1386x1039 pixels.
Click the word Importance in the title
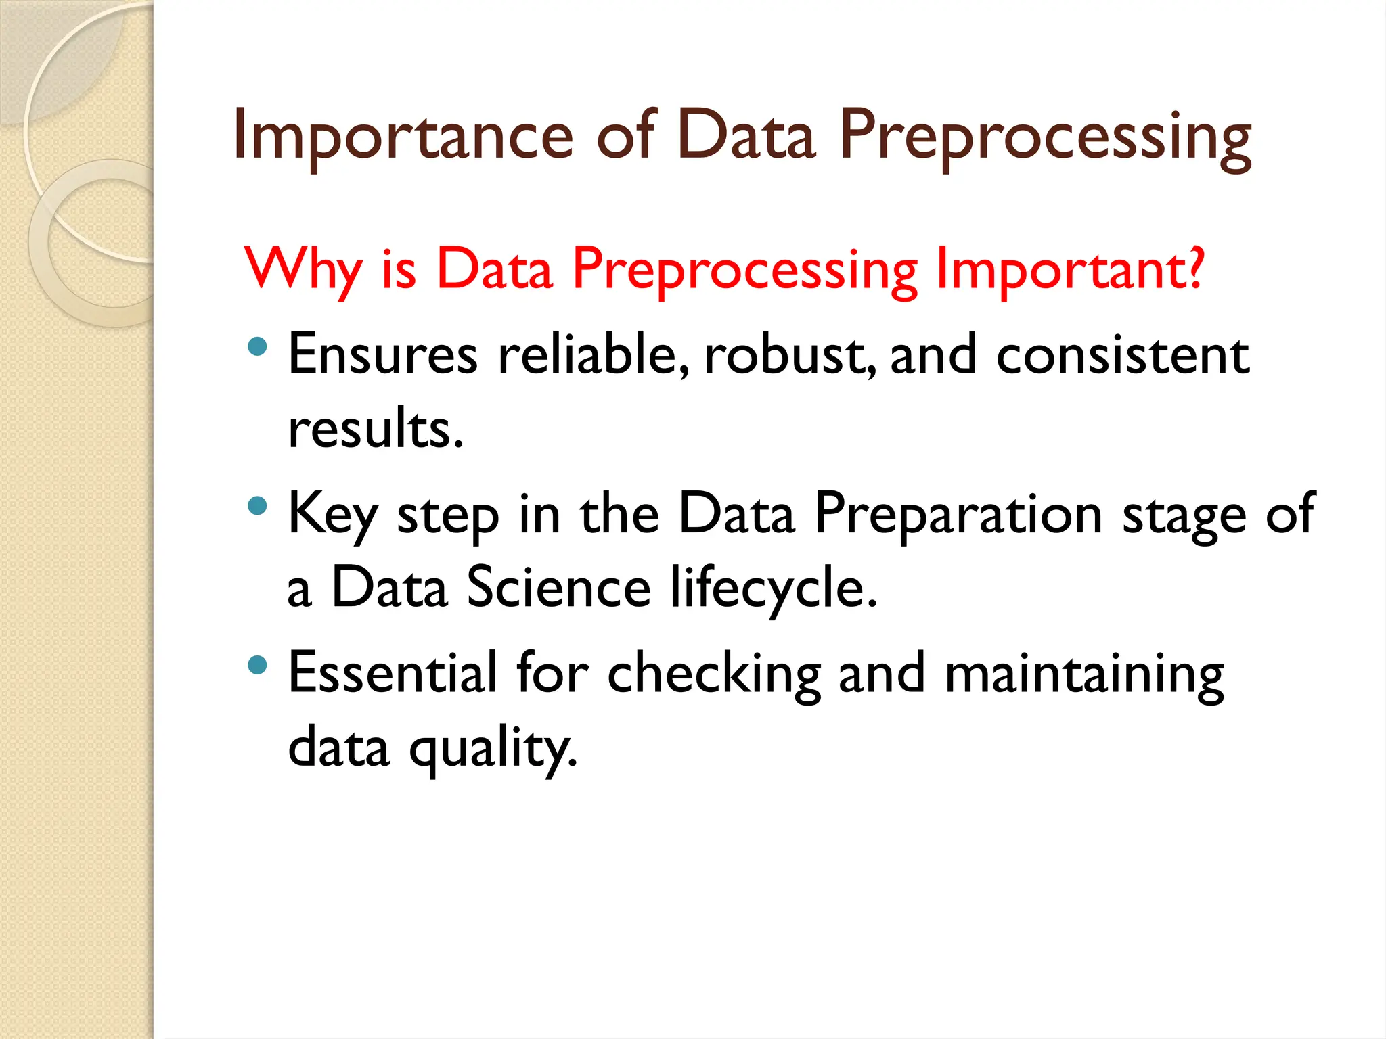click(403, 137)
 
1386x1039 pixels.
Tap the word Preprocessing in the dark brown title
click(1045, 137)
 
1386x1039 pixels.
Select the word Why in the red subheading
click(304, 269)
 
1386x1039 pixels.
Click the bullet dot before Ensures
click(258, 348)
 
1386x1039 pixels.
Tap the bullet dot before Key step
click(258, 506)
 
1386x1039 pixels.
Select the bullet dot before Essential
click(258, 665)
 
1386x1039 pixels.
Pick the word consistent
click(1122, 356)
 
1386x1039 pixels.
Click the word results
click(376, 430)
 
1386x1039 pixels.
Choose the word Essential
click(393, 674)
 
